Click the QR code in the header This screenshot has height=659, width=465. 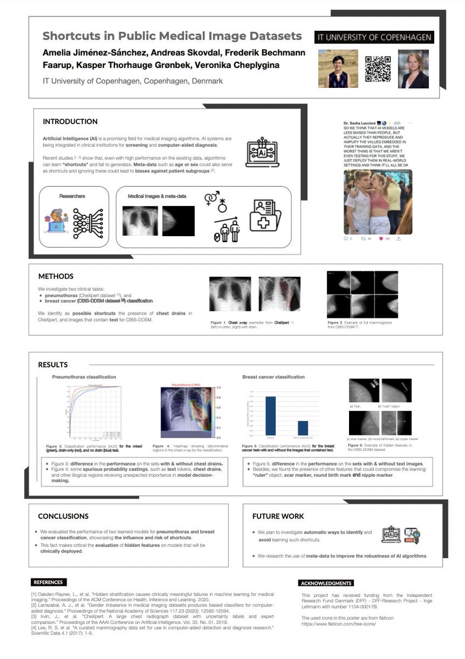point(378,69)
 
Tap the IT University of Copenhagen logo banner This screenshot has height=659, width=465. point(374,37)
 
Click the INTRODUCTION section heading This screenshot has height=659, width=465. point(70,121)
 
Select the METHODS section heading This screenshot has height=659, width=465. point(56,276)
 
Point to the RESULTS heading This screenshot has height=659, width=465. point(53,365)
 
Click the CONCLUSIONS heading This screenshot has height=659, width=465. point(63,516)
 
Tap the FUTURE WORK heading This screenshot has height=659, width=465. point(278,516)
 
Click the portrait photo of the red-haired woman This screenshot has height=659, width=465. point(413,69)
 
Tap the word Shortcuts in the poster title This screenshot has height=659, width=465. point(70,36)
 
